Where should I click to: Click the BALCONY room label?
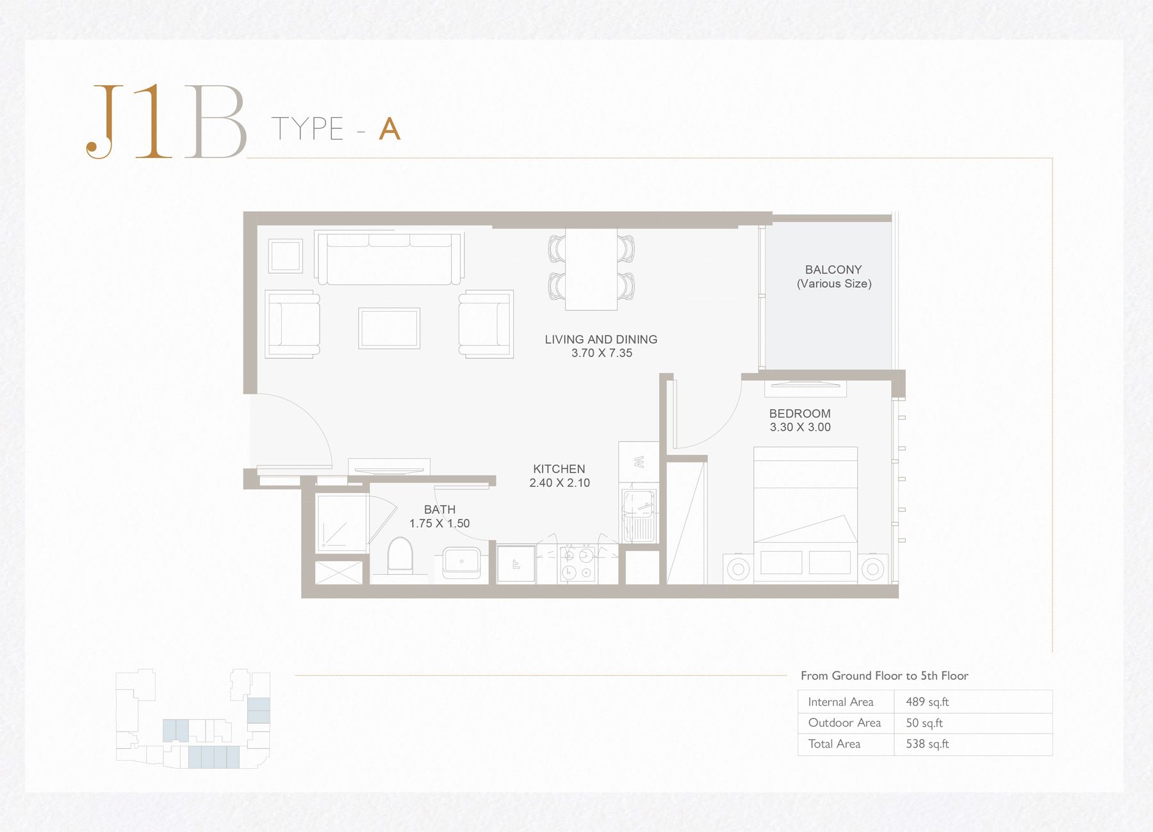[x=833, y=270]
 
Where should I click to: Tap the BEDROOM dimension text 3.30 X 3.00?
[x=800, y=428]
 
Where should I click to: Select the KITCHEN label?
[x=559, y=469]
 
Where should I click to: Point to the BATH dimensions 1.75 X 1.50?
[x=439, y=524]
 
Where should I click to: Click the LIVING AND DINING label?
[x=601, y=340]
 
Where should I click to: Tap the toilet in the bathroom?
[x=400, y=555]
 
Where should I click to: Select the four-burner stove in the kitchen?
[x=577, y=563]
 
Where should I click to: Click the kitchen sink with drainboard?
[x=639, y=516]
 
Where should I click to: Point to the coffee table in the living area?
[x=389, y=328]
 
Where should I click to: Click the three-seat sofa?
[x=389, y=258]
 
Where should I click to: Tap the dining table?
[x=591, y=269]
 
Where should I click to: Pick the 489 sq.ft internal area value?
[x=927, y=702]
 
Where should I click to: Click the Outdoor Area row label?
[x=844, y=723]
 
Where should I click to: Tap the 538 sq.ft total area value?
[x=927, y=744]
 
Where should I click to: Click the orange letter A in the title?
[x=389, y=129]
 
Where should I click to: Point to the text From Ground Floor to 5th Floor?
[x=884, y=676]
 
